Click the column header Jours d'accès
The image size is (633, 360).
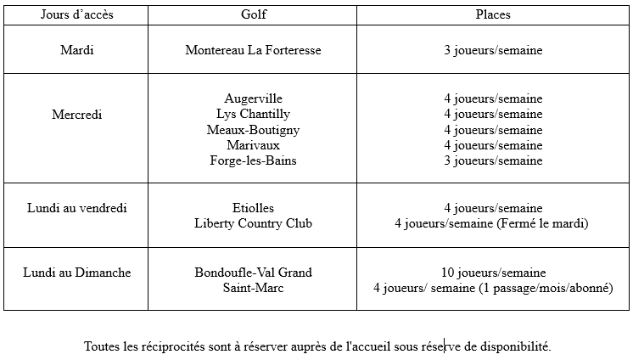77,14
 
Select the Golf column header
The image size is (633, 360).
253,14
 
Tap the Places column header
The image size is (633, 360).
492,14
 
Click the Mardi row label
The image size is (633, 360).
77,50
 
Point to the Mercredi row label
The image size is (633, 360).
77,115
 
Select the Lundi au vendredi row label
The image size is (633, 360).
77,208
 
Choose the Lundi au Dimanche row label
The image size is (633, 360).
77,273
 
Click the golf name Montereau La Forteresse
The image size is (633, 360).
253,50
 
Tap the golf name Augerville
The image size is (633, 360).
253,98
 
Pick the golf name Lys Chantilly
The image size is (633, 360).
253,114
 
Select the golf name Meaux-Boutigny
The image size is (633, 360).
253,130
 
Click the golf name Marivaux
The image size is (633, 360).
253,145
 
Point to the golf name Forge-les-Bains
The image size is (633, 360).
253,160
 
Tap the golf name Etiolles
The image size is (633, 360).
253,208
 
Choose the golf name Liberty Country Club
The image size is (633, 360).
253,223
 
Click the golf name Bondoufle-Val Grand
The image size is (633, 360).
253,273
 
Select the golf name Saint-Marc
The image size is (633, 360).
253,288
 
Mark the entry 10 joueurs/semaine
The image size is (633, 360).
492,273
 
